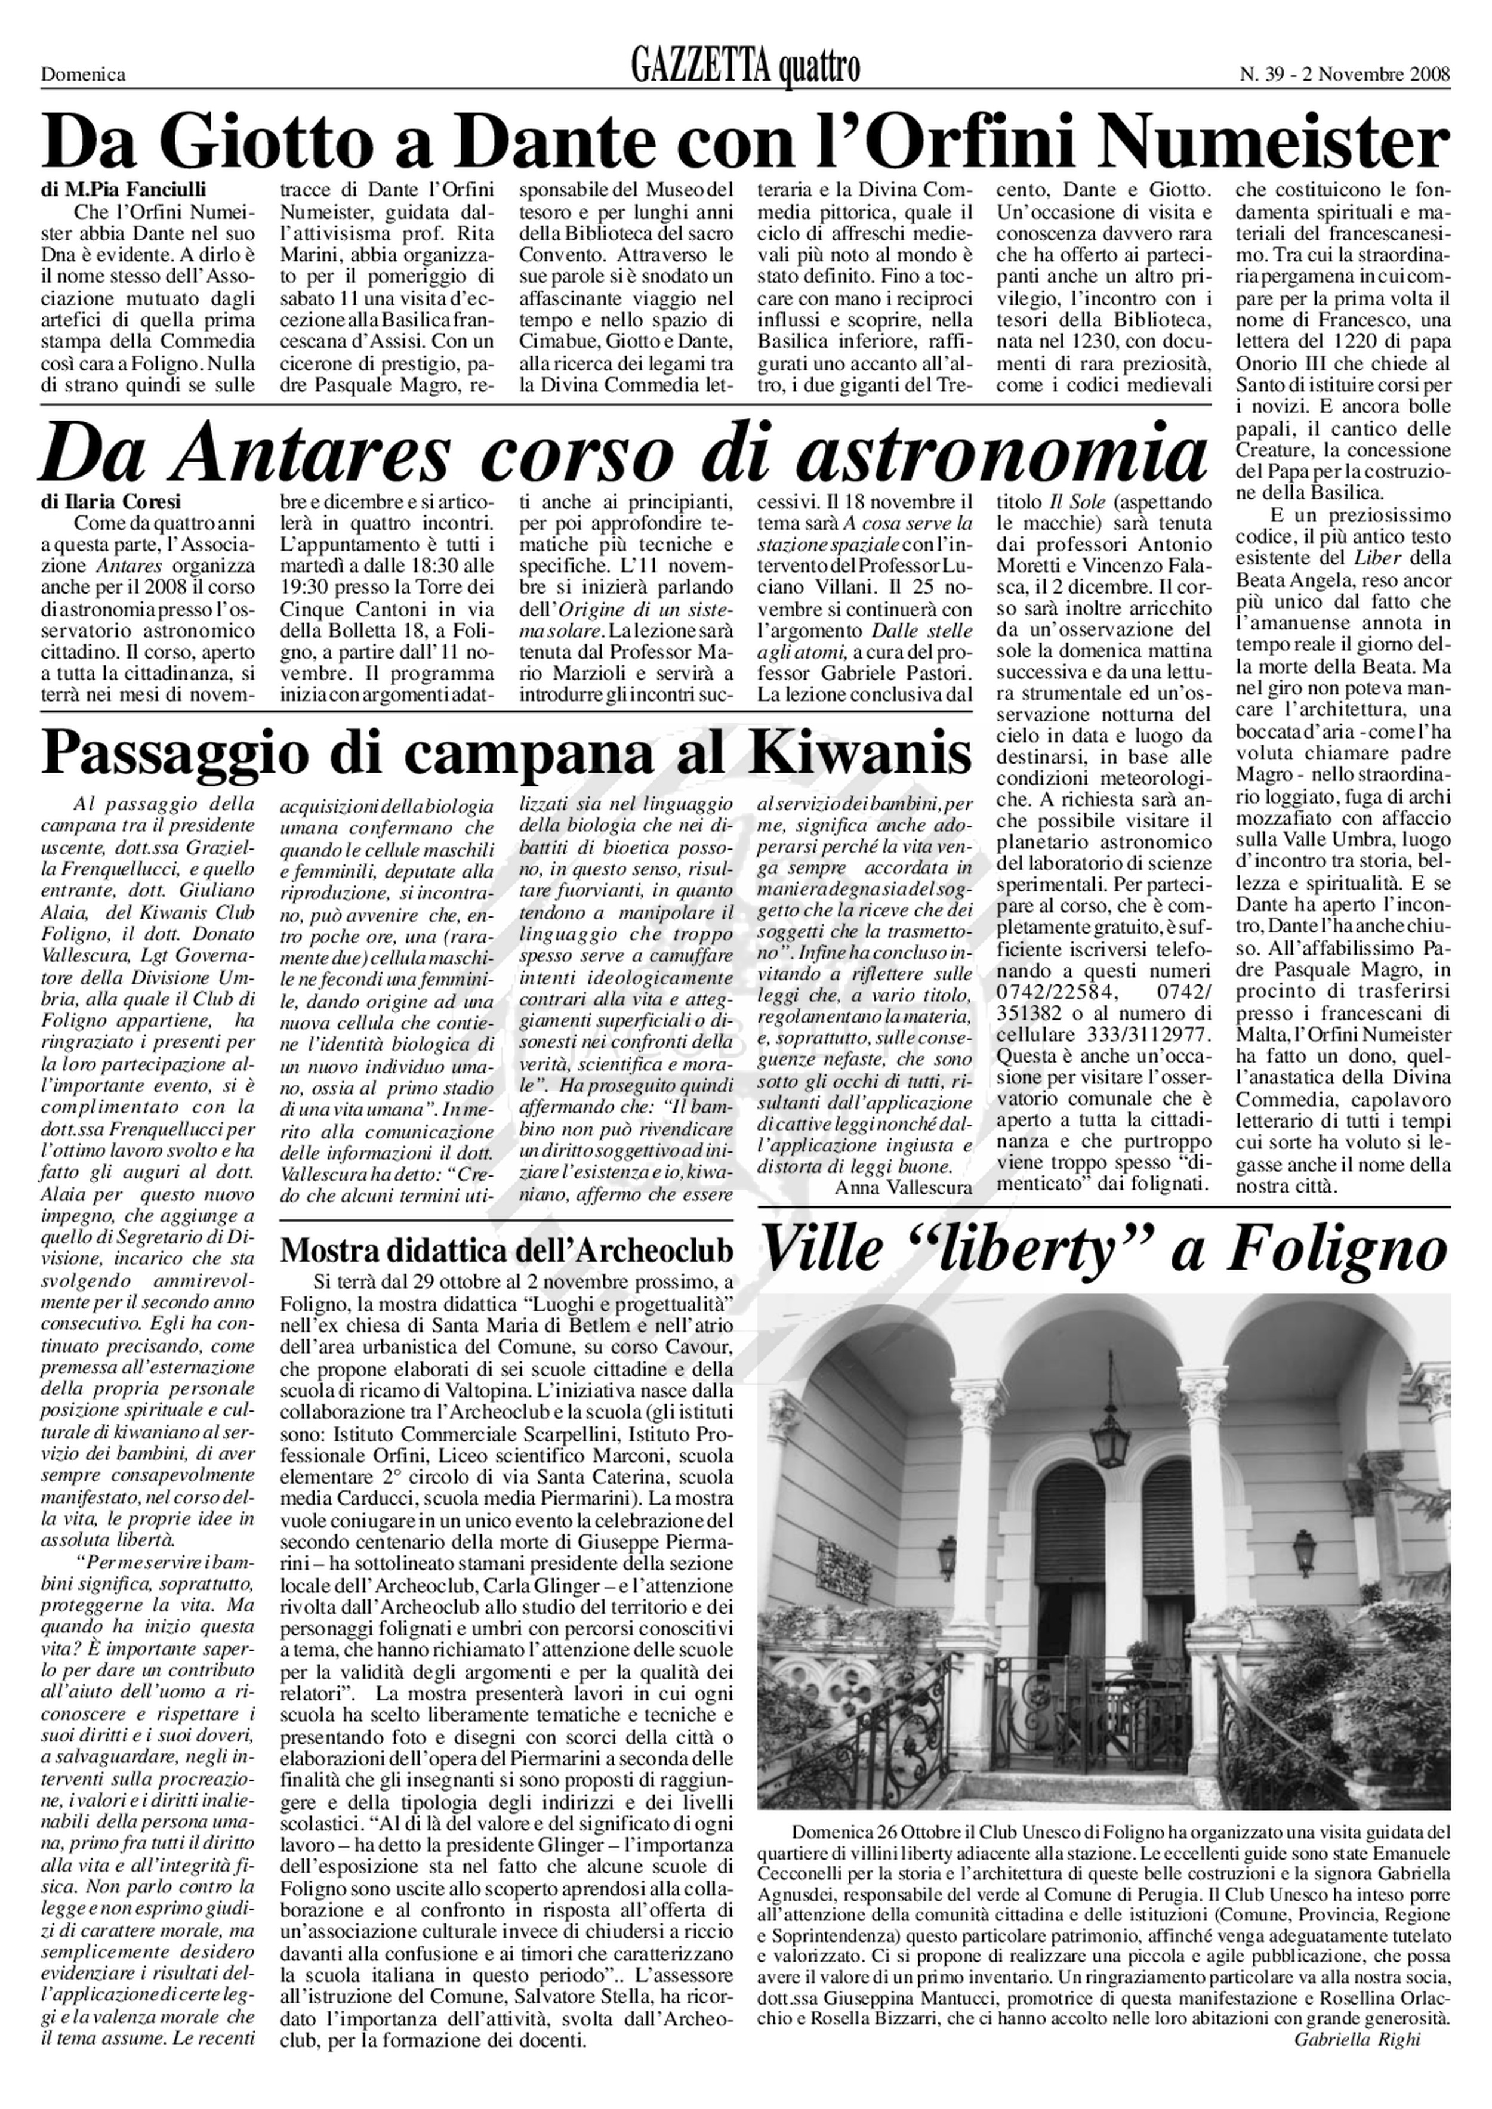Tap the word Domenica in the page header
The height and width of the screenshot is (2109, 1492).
(x=83, y=75)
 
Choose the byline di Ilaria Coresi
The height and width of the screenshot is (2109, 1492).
(x=111, y=502)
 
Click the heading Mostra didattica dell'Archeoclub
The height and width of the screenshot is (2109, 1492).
(x=507, y=1250)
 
